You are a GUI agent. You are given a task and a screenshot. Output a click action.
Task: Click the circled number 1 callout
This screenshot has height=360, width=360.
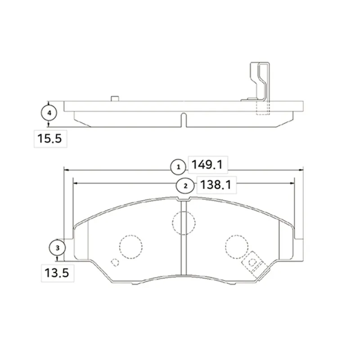coord(178,167)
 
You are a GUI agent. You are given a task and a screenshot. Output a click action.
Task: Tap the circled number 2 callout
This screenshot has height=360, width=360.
coord(185,186)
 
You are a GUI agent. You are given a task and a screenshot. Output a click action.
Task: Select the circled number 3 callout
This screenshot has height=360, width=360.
coord(58,248)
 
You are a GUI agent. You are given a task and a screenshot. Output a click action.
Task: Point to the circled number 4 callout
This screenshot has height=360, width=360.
coord(49,113)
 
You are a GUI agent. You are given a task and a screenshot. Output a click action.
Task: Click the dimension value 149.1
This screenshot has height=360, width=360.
coord(207,165)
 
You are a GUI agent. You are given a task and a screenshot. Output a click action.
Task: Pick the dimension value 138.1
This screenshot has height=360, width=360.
coord(216,184)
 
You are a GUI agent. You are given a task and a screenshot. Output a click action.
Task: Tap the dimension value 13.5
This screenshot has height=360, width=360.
coord(57,273)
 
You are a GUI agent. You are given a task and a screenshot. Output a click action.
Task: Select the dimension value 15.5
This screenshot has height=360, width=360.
coord(49,139)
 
